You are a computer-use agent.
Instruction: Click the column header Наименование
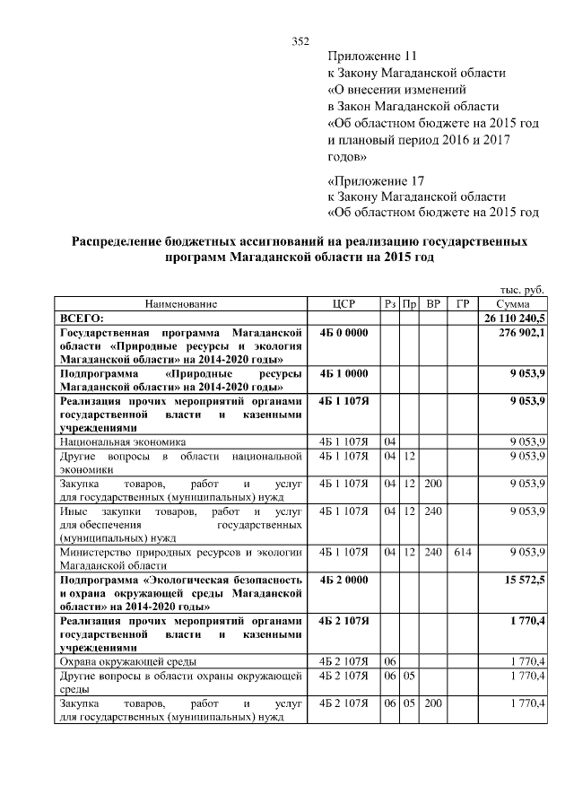click(x=180, y=304)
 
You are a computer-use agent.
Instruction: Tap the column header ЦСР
click(x=344, y=304)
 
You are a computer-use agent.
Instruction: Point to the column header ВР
click(x=434, y=304)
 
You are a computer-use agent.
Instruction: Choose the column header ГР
click(x=463, y=304)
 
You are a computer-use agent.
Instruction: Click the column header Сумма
click(x=513, y=304)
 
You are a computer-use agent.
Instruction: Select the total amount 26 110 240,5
click(x=515, y=318)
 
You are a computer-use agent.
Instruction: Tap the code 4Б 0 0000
click(x=344, y=332)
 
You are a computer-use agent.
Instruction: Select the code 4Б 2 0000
click(x=344, y=581)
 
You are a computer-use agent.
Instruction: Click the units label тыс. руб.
click(x=522, y=290)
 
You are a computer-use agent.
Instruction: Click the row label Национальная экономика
click(x=123, y=441)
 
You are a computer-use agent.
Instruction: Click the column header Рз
click(x=390, y=304)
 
